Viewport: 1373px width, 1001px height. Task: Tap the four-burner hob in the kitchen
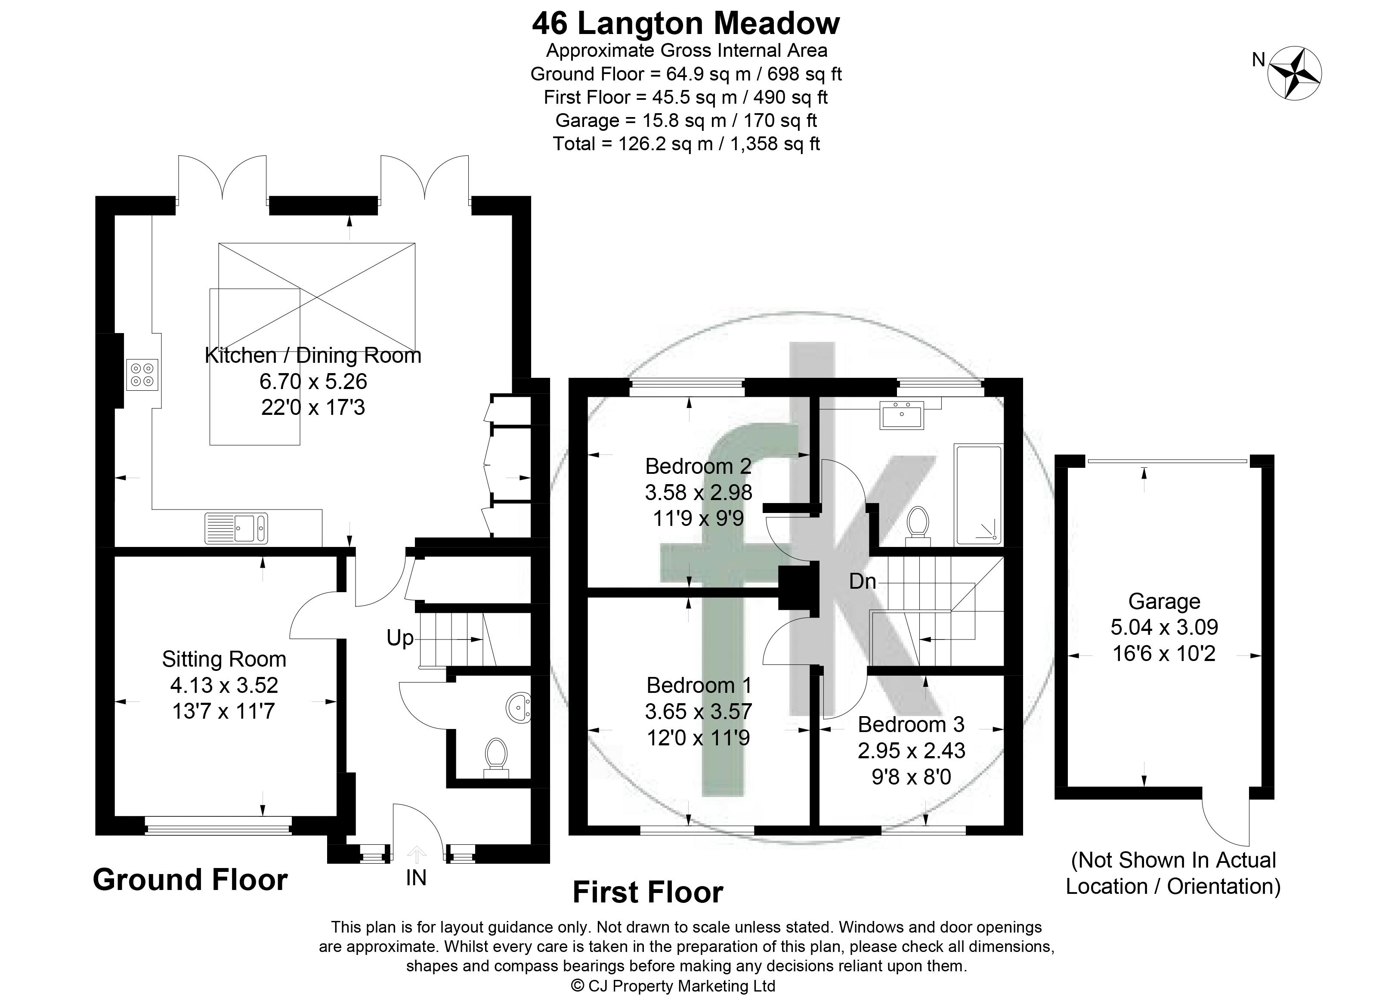142,374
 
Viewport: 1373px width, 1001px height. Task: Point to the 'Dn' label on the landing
863,581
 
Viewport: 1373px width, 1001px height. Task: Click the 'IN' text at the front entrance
416,877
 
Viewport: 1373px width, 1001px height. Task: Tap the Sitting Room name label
224,659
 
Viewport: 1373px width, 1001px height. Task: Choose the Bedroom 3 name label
911,725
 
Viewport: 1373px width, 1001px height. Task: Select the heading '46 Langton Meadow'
686,24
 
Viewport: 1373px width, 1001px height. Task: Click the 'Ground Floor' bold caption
190,880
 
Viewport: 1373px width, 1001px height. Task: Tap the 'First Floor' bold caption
648,893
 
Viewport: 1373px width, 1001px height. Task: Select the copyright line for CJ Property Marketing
674,986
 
